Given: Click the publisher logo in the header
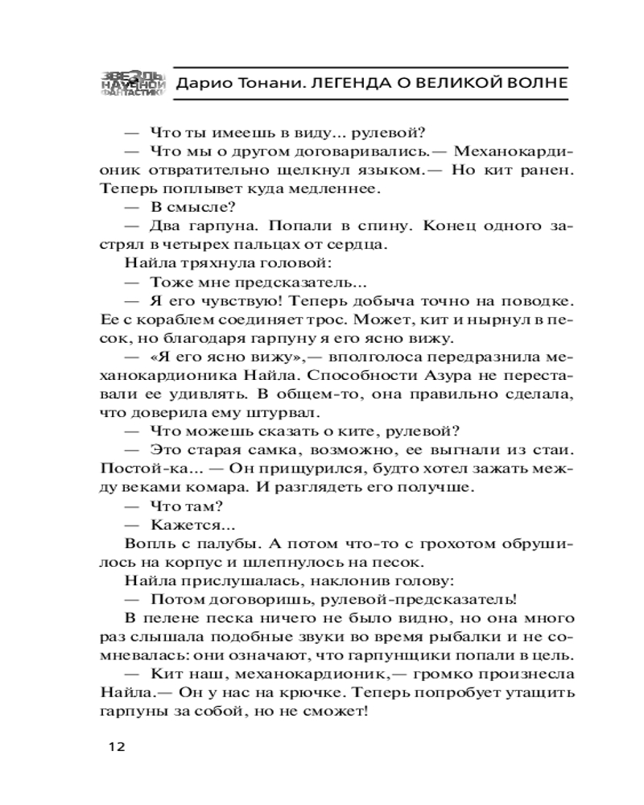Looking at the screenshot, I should [133, 82].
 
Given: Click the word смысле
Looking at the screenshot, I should [182, 208].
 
